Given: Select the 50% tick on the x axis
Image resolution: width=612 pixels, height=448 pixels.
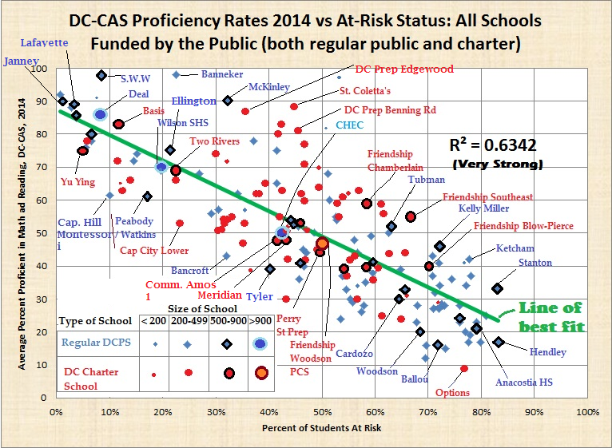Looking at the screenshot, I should (322, 413).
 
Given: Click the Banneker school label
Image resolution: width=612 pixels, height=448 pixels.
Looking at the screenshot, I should (221, 74).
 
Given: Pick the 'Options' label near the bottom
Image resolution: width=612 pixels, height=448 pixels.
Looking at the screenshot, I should (453, 392).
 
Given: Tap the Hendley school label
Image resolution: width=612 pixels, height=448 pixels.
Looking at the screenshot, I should (547, 352).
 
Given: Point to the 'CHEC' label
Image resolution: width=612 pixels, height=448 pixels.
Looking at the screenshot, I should (349, 125).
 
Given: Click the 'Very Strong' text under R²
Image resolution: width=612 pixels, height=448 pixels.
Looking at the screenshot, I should (498, 165).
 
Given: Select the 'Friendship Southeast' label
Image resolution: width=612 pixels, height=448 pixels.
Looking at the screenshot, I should (487, 197).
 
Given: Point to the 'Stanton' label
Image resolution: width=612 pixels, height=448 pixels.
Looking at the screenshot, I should (535, 262).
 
